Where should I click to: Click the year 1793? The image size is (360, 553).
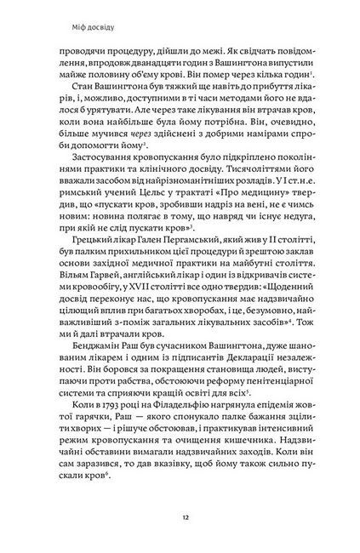click(x=119, y=433)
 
